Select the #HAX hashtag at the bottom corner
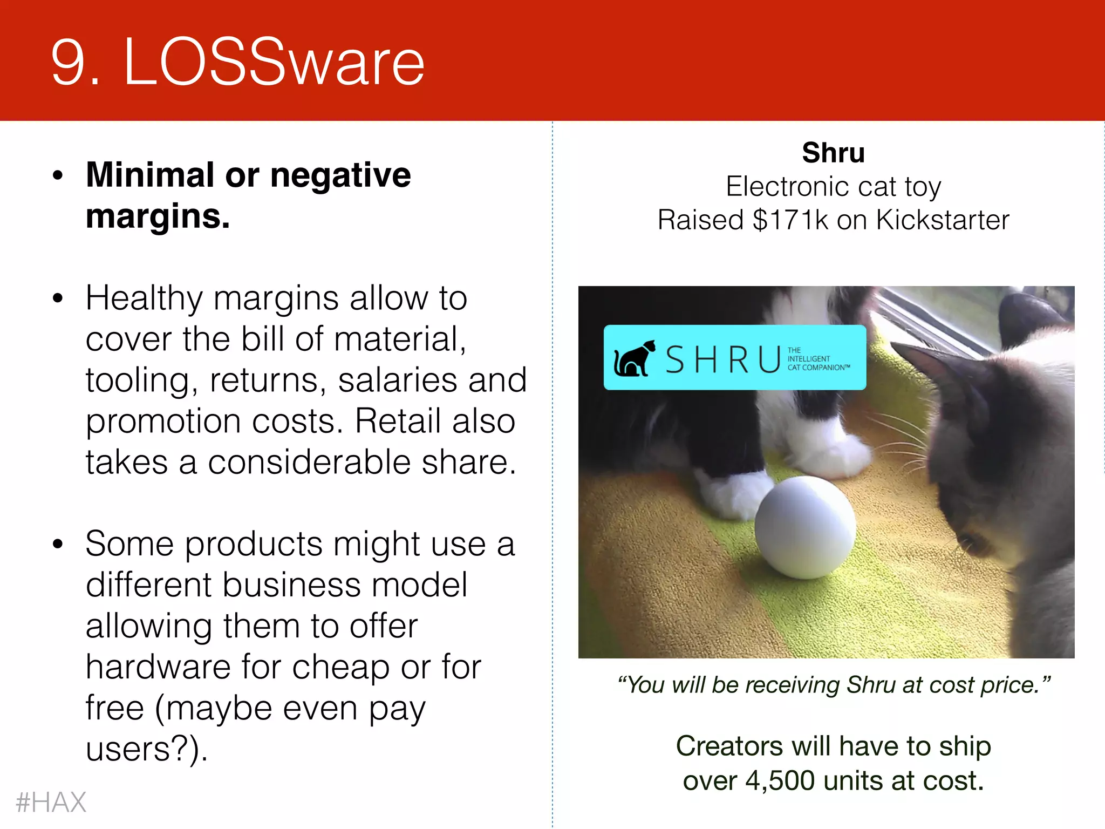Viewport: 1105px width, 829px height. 51,801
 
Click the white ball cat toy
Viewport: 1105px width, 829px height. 805,527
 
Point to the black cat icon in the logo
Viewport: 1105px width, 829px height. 633,359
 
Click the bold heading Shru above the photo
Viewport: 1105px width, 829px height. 833,153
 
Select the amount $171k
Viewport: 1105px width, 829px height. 790,220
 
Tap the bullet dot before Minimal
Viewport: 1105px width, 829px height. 58,175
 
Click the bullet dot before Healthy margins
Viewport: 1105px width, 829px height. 58,298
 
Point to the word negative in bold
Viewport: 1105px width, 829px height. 340,175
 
